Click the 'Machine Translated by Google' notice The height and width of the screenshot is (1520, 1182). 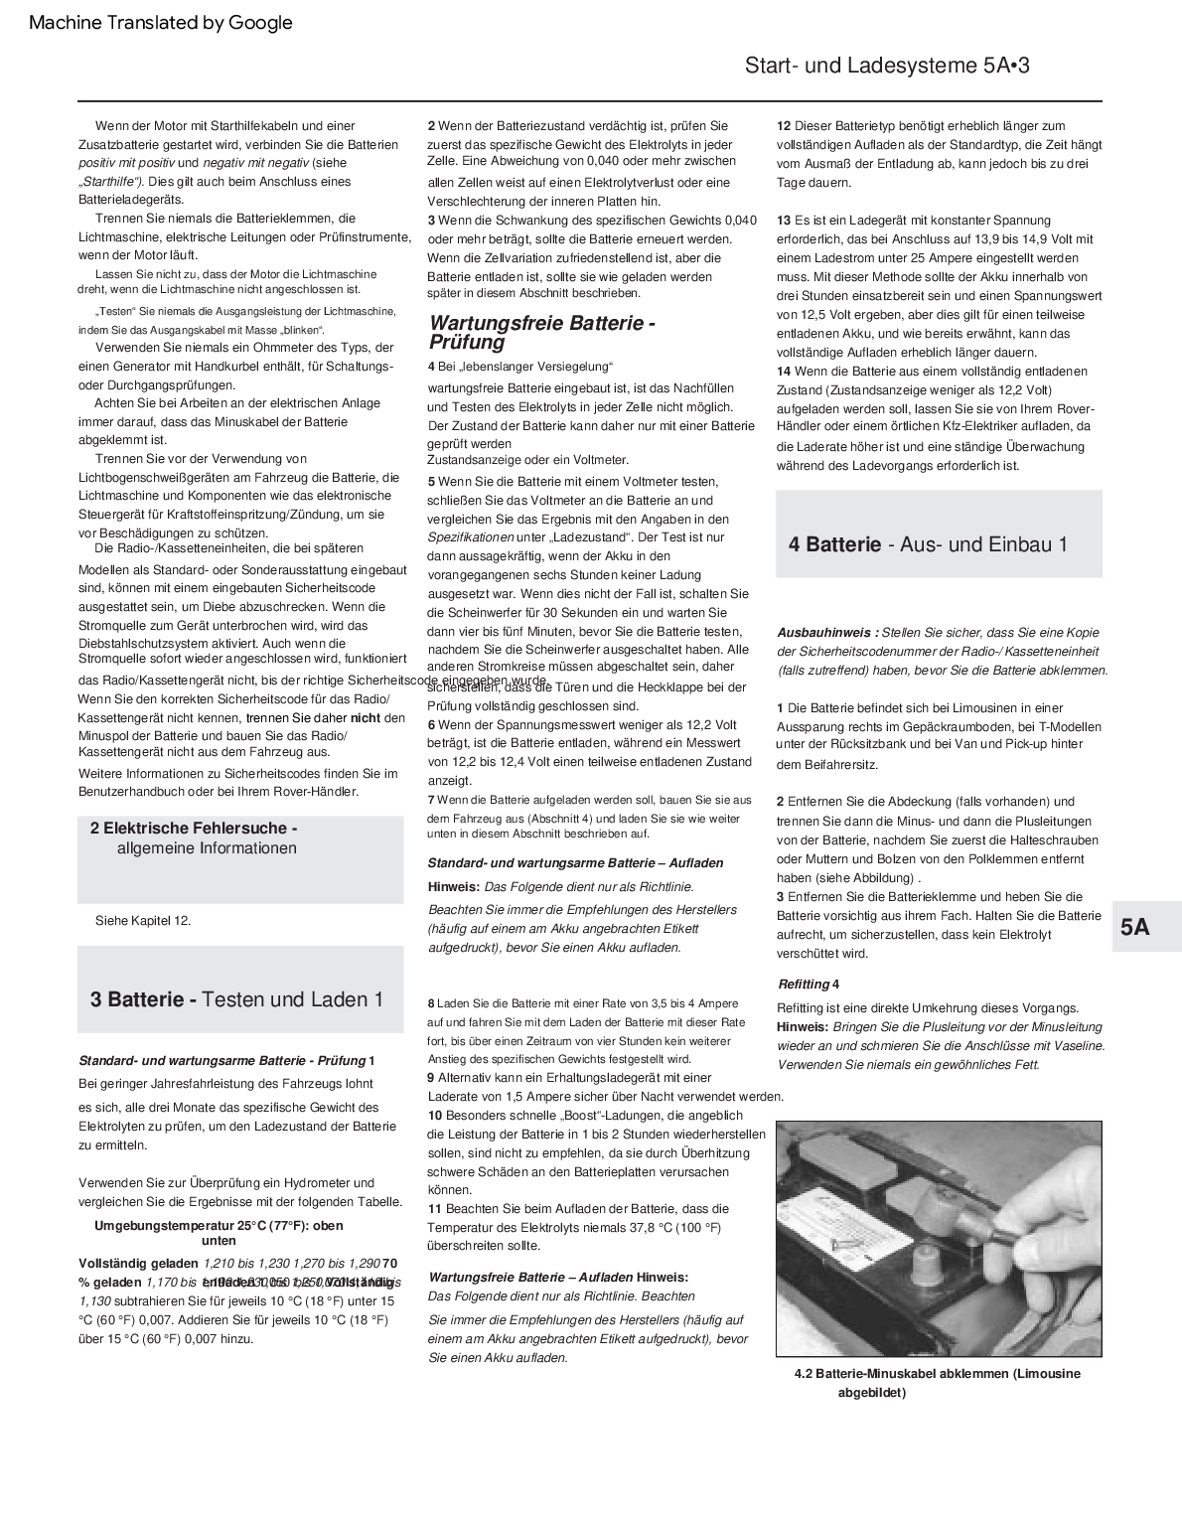coord(161,23)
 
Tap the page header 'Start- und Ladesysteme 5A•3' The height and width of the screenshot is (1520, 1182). coord(886,67)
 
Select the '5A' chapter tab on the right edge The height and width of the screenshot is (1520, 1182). coord(1134,927)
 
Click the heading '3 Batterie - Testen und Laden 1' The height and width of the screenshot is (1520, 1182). coord(236,999)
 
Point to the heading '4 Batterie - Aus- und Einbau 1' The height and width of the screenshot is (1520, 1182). coord(928,544)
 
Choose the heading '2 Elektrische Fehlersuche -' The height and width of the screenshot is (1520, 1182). coord(194,828)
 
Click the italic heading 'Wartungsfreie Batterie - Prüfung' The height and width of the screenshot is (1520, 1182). coord(541,333)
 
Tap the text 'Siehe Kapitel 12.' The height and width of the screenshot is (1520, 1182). coord(143,920)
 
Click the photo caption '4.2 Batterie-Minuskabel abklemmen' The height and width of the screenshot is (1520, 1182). coord(937,1374)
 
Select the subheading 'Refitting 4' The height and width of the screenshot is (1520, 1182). coord(809,984)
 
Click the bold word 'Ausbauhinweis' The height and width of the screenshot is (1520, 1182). coord(823,632)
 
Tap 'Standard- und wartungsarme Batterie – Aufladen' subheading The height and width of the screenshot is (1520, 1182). coord(575,862)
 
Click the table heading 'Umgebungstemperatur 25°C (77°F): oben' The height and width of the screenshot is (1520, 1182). coord(219,1225)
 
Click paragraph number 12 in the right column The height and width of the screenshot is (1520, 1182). coord(784,126)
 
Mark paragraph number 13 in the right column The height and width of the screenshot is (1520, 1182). coord(784,221)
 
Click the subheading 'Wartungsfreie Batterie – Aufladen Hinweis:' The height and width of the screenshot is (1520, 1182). coord(558,1277)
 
